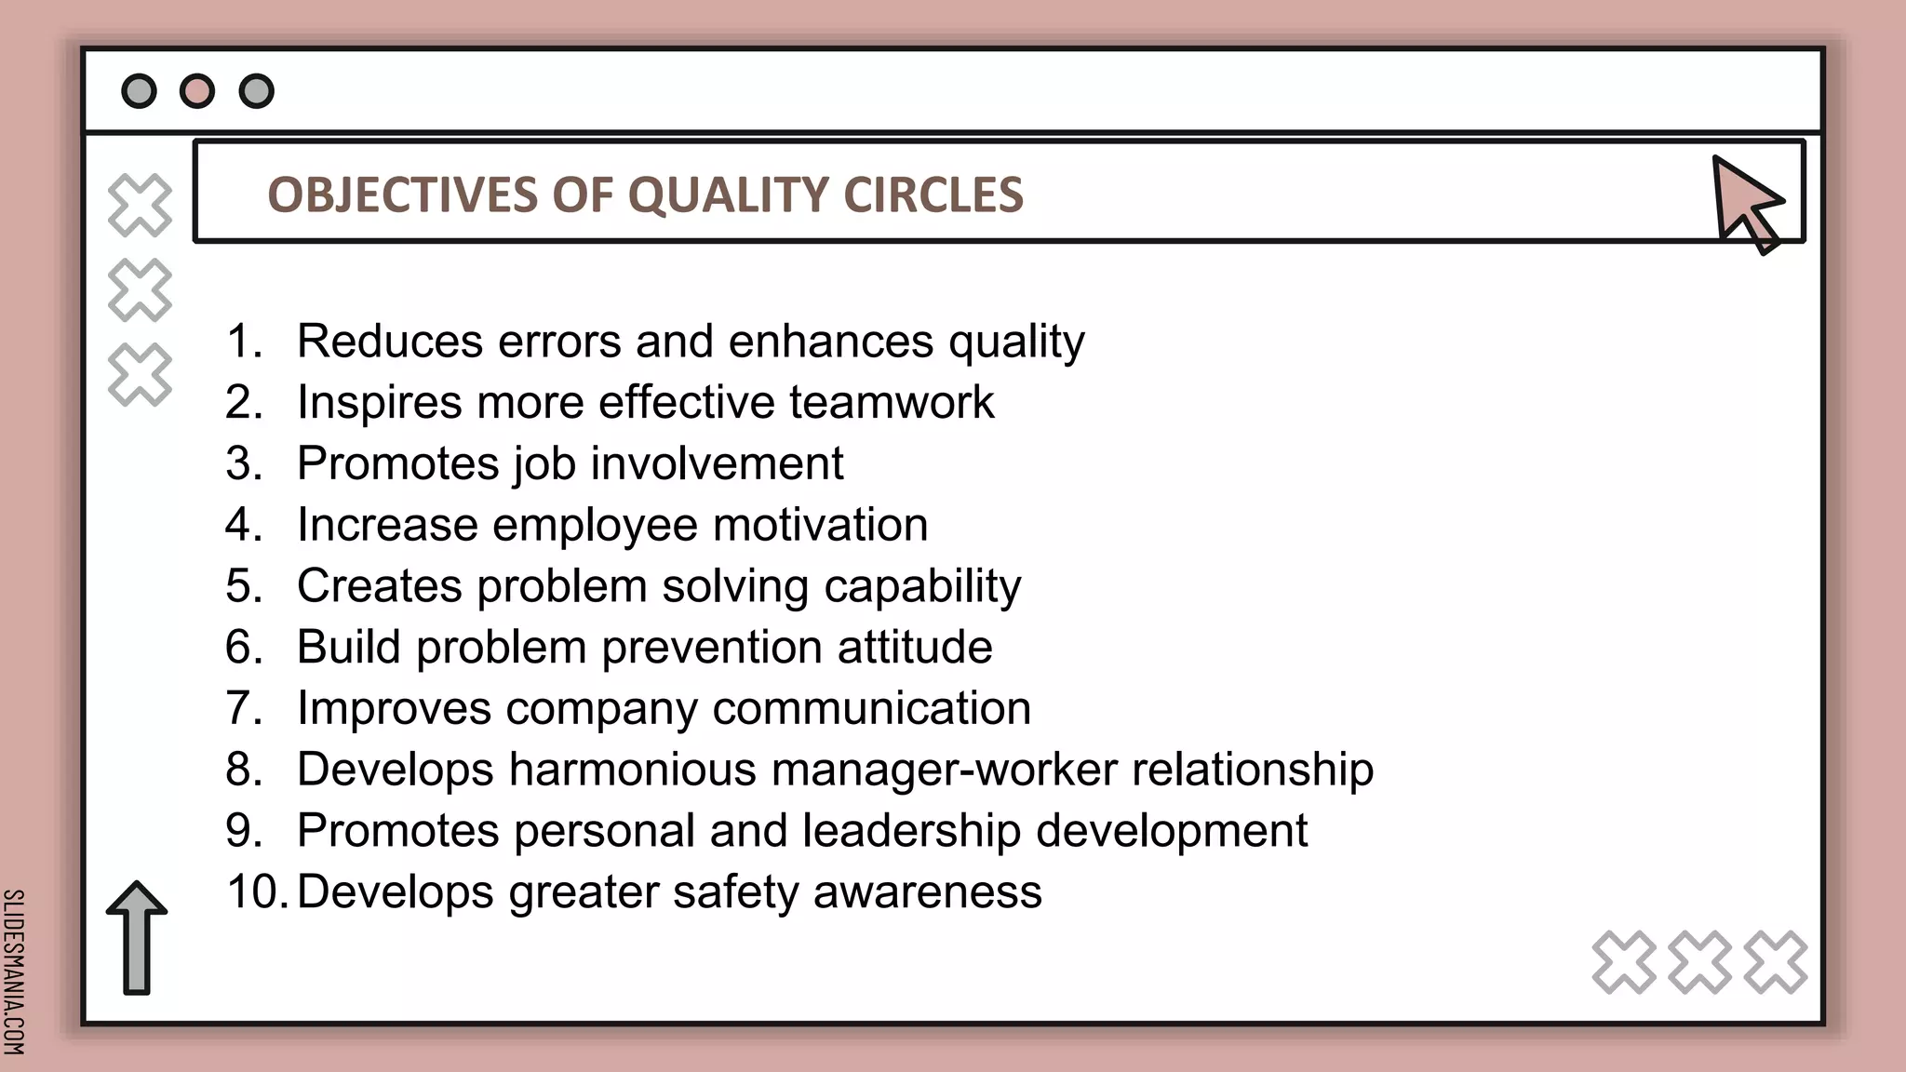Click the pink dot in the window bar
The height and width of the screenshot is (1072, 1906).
[x=197, y=91]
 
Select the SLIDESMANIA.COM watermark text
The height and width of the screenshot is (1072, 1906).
[x=14, y=971]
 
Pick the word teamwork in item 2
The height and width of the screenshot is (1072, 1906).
[x=892, y=403]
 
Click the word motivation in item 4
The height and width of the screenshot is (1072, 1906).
[x=820, y=525]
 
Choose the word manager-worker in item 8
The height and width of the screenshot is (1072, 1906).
[x=944, y=770]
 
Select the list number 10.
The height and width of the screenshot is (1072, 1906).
[x=254, y=891]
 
